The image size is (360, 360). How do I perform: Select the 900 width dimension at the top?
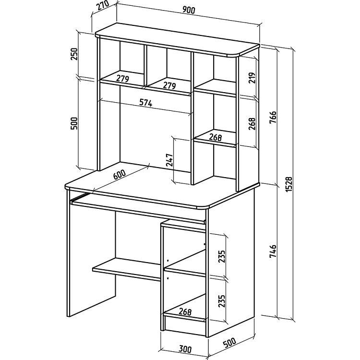click(189, 10)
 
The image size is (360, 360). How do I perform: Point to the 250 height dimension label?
click(74, 54)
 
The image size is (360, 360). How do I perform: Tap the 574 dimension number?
click(146, 103)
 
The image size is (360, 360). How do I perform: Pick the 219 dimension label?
click(252, 78)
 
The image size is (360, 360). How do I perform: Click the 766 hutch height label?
click(273, 118)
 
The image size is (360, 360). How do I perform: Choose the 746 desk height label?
click(273, 251)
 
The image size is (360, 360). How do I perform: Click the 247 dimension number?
click(169, 160)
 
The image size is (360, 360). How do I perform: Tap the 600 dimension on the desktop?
click(120, 175)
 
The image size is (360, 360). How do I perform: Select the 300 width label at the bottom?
click(185, 349)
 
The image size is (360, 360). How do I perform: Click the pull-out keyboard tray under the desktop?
click(138, 208)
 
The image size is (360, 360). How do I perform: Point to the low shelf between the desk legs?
click(127, 269)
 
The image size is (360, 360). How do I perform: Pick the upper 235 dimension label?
click(222, 256)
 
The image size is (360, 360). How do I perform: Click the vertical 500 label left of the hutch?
click(74, 123)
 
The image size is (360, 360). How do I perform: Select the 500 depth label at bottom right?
click(229, 342)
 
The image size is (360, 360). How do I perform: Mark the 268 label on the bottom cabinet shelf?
click(185, 312)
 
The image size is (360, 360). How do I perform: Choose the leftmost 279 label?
click(122, 79)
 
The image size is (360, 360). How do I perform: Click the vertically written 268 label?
click(252, 124)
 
